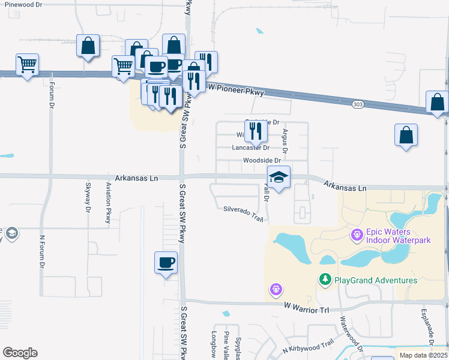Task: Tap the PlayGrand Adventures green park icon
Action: (x=325, y=280)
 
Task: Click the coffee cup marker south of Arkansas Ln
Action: (x=166, y=262)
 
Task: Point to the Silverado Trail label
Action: (x=243, y=214)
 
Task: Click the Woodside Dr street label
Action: (x=262, y=160)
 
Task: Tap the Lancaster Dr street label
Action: (x=251, y=147)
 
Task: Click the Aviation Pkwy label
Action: (x=109, y=203)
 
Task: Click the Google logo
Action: (x=20, y=353)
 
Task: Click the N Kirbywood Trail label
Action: (x=308, y=346)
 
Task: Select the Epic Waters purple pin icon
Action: (x=357, y=234)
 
